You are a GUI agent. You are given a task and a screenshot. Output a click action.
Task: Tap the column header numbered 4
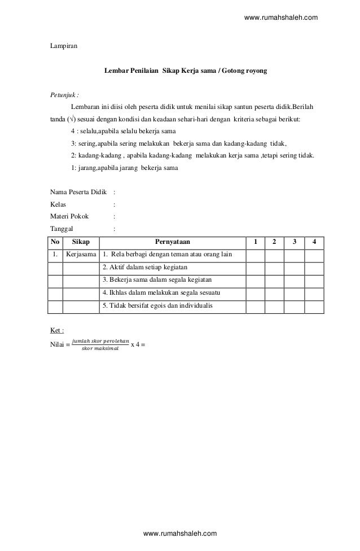tap(314, 243)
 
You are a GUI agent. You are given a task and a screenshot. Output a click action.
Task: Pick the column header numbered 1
tap(256, 243)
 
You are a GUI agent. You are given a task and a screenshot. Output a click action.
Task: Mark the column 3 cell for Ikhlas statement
tap(293, 293)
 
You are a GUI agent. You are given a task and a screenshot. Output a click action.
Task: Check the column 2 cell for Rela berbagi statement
tap(274, 255)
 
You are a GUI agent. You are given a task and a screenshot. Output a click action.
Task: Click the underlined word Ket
tap(58, 330)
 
